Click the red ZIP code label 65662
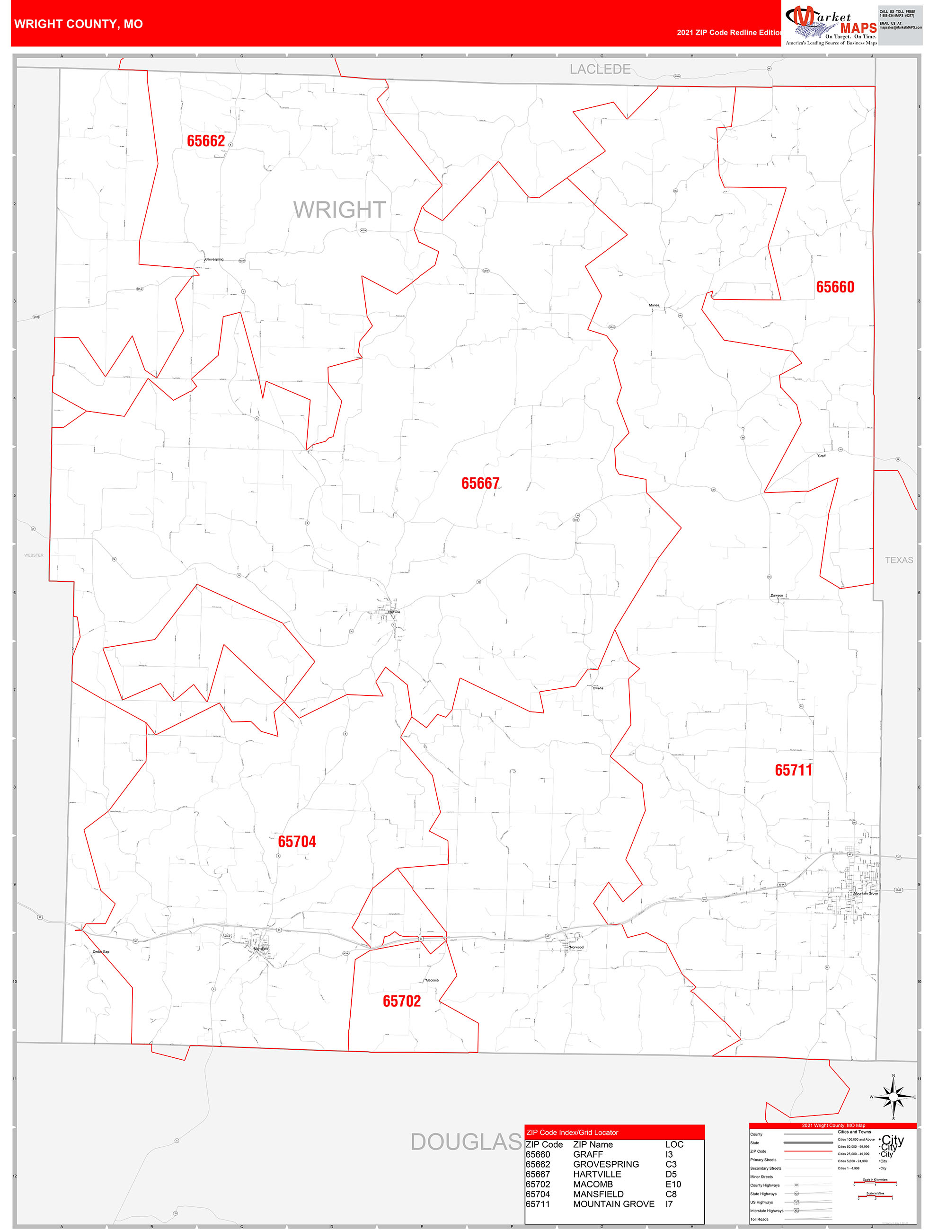tap(206, 141)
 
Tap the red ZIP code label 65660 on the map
tap(834, 287)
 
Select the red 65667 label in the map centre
tap(480, 483)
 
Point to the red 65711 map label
tap(793, 770)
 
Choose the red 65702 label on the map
tap(402, 1002)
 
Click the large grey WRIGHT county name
tap(339, 210)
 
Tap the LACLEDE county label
tap(600, 70)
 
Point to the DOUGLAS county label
tap(466, 1142)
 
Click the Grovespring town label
tap(214, 260)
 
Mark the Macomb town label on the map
tap(432, 980)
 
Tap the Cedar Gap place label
tap(101, 952)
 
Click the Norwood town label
tap(576, 947)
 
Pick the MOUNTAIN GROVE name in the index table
tap(614, 1204)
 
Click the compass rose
tap(893, 1097)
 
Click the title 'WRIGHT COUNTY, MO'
tap(79, 24)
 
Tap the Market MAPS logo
tap(831, 26)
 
